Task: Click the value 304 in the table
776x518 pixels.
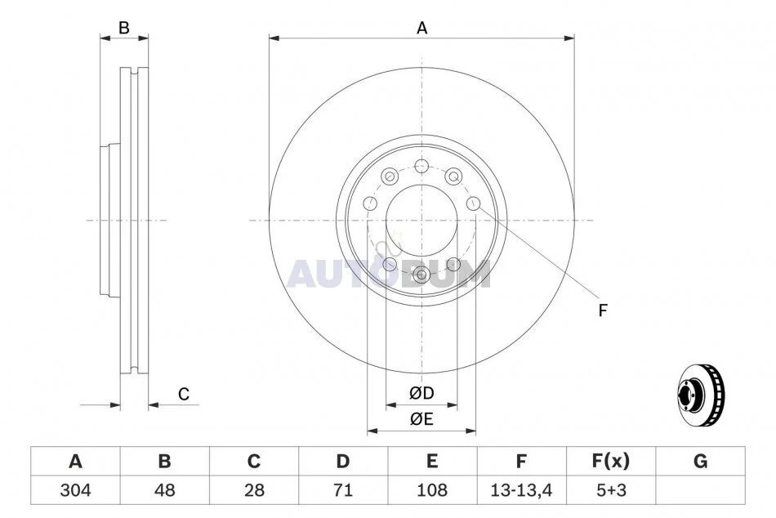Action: click(75, 490)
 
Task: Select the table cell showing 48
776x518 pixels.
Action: click(164, 490)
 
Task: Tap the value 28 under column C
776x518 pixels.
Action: click(254, 490)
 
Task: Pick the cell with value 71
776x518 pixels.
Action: click(343, 490)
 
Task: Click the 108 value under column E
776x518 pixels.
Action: click(432, 490)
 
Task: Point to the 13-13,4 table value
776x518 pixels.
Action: click(521, 490)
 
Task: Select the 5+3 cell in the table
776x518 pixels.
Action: click(611, 490)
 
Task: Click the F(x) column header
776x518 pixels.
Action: click(611, 461)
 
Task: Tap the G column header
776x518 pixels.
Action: click(700, 461)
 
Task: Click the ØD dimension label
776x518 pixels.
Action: click(421, 393)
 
